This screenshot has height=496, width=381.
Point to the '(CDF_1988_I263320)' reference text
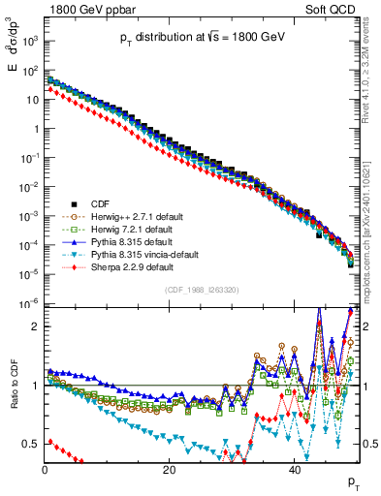pyautogui.click(x=203, y=289)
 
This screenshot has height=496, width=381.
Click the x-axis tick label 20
pyautogui.click(x=169, y=470)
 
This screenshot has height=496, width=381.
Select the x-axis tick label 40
pyautogui.click(x=294, y=470)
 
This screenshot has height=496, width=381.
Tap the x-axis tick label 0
pyautogui.click(x=45, y=470)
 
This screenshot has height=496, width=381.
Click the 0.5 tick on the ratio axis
pyautogui.click(x=32, y=444)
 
